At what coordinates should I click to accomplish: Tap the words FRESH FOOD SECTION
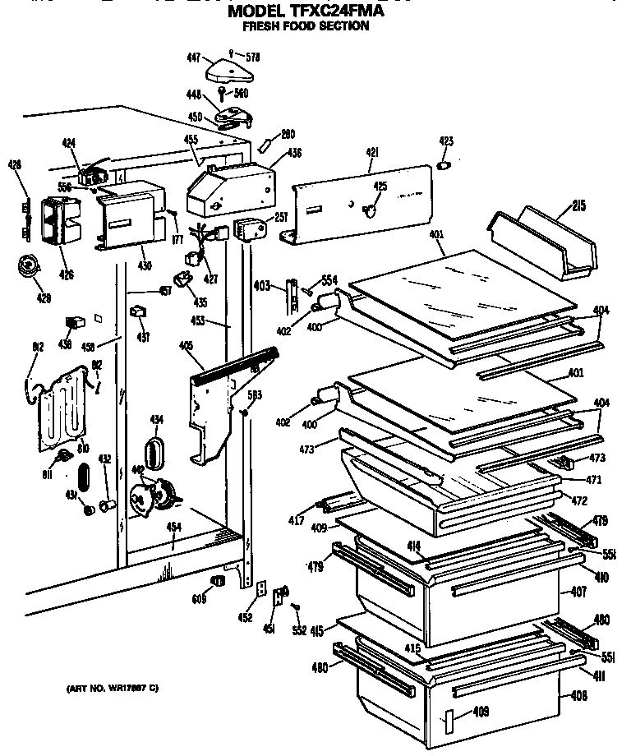click(306, 26)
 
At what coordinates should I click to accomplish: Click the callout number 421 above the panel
click(371, 153)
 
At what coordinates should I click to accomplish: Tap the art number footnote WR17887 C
click(112, 687)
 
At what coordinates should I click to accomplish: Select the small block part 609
click(219, 582)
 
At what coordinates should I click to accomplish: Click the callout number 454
click(173, 527)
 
